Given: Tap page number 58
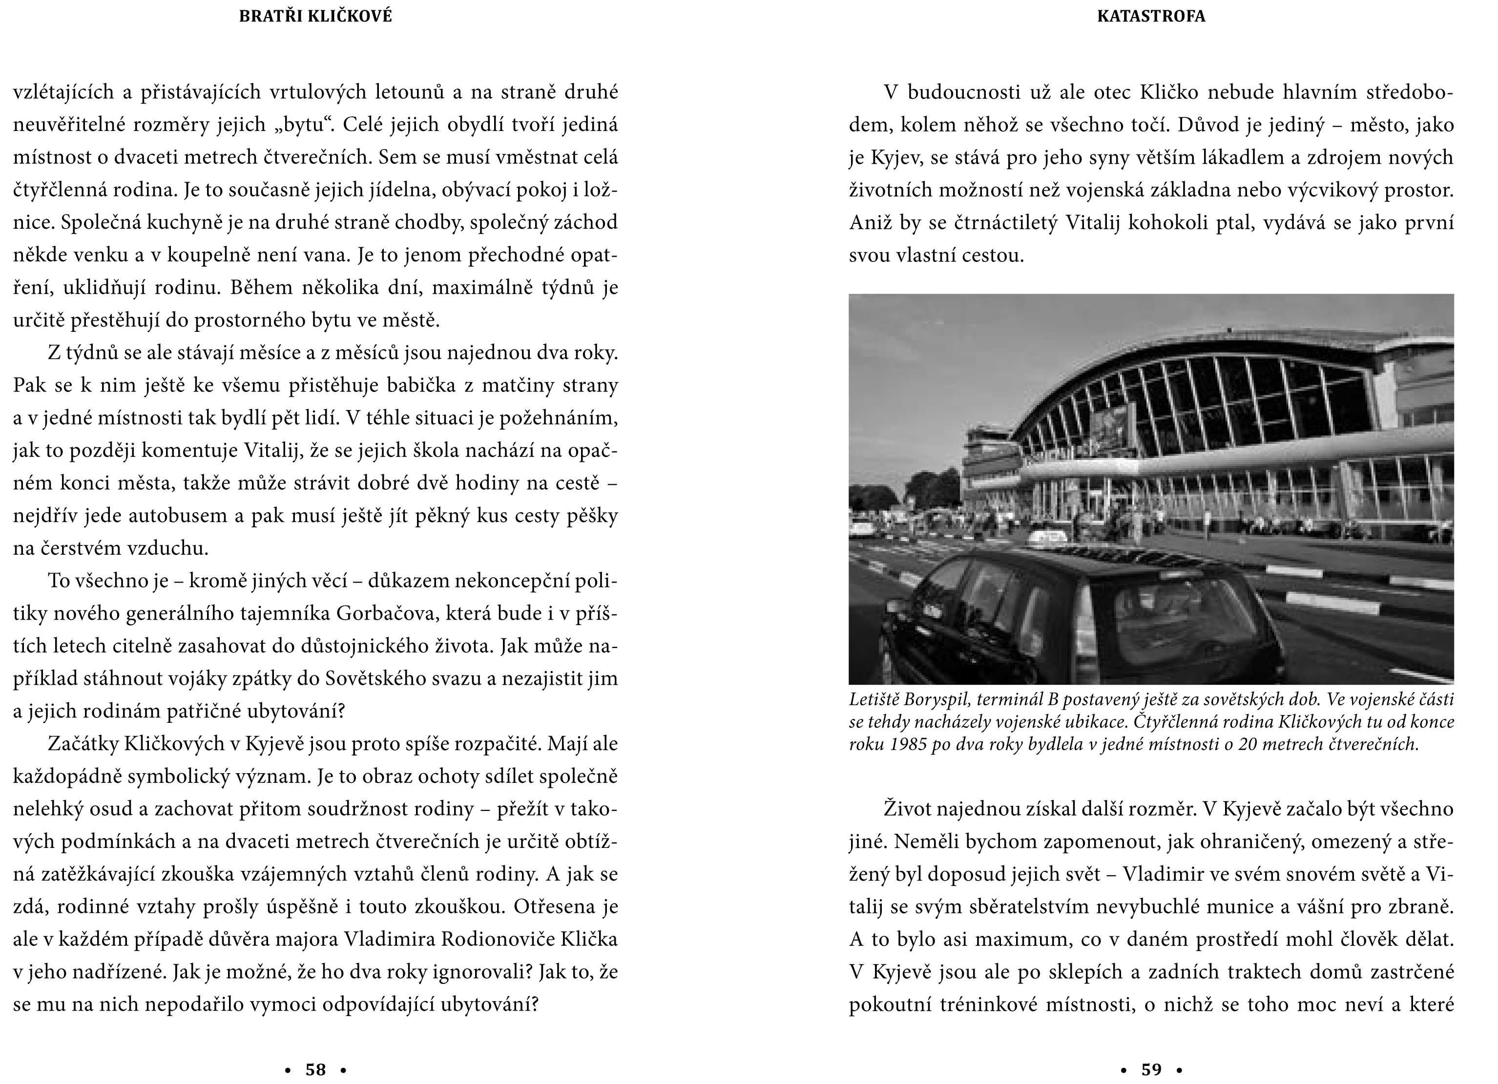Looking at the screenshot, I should pyautogui.click(x=316, y=1069).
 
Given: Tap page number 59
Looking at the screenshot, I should pyautogui.click(x=1151, y=1069).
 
